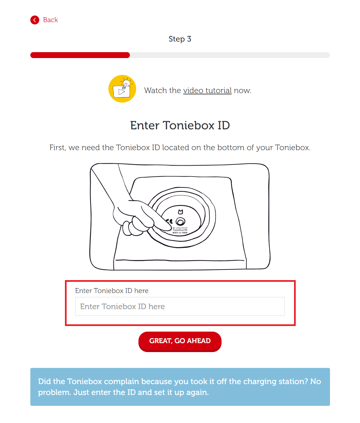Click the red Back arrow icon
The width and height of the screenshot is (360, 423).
coord(35,20)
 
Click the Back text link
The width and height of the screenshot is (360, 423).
coord(50,20)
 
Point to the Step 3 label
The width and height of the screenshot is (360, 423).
coord(180,39)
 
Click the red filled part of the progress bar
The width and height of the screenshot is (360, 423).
coord(80,55)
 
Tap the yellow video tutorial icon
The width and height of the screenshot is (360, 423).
coord(122,89)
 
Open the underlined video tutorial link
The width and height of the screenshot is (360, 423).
coord(207,91)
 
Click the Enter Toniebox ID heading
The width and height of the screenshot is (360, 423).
coord(180,125)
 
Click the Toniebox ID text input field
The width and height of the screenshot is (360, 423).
coord(180,307)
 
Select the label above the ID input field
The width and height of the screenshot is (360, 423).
coord(112,291)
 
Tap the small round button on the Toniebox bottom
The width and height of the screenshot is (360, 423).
coord(180,221)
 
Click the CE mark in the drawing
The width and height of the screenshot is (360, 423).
coord(169,221)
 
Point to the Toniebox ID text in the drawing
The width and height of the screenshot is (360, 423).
coord(180,230)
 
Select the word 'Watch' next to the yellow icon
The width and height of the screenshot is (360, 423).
coord(156,91)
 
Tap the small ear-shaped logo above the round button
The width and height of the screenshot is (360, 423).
coord(180,212)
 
